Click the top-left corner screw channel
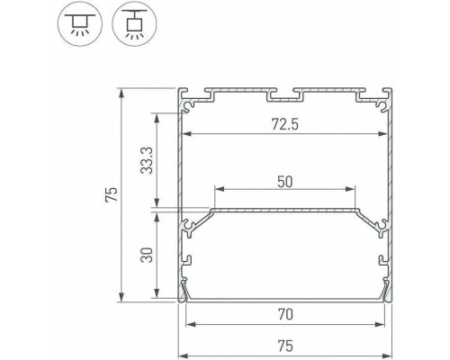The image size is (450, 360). tap(189, 104)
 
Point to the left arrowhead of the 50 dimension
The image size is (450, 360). tap(218, 189)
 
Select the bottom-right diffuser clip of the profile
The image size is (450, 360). tap(388, 291)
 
